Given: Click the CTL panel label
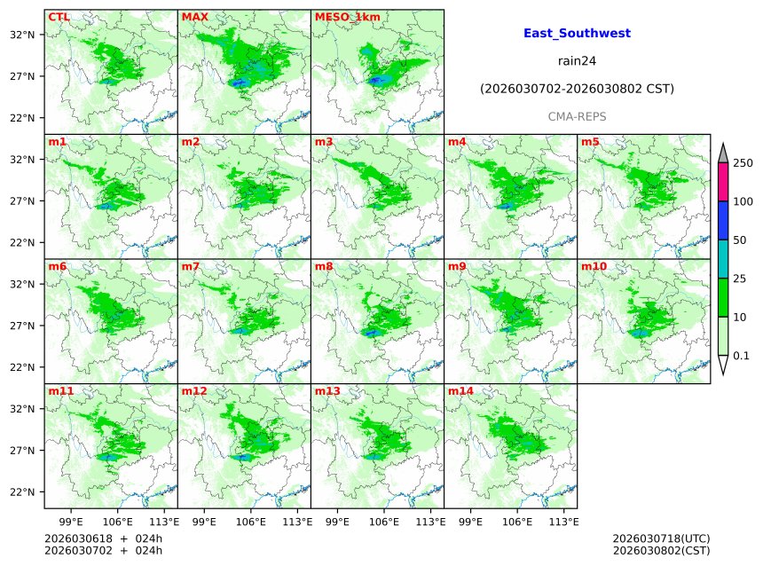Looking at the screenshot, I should (59, 17).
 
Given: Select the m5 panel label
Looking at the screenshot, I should (590, 142).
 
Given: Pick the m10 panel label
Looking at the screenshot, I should (594, 266).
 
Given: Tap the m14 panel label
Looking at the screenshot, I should (460, 390).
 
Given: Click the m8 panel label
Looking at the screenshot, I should (323, 266).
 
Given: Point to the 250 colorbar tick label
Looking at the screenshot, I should (743, 163).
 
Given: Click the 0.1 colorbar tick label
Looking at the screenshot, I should (741, 357).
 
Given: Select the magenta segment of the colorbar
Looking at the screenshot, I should (723, 183).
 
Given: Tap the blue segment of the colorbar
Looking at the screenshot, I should (723, 221).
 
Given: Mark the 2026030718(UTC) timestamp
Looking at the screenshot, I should (661, 538).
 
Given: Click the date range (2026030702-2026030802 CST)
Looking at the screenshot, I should (577, 90).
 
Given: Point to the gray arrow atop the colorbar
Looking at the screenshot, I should (723, 153).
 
